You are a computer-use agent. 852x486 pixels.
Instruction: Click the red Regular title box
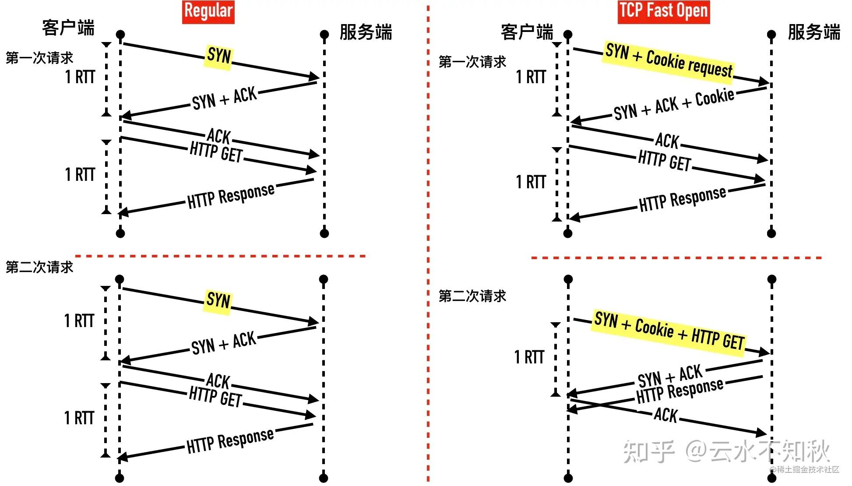pyautogui.click(x=208, y=11)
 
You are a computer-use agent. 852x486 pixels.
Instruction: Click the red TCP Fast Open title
pyautogui.click(x=663, y=11)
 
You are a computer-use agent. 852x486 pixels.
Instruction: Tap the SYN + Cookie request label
pyautogui.click(x=668, y=61)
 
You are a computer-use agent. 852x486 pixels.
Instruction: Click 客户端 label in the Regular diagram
pyautogui.click(x=68, y=28)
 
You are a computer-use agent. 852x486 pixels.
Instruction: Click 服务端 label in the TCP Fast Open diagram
pyautogui.click(x=813, y=32)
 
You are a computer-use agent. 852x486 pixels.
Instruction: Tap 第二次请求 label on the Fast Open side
pyautogui.click(x=472, y=296)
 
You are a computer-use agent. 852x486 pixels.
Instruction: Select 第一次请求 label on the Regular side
pyautogui.click(x=39, y=58)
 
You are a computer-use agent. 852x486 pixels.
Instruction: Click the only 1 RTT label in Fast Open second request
pyautogui.click(x=529, y=357)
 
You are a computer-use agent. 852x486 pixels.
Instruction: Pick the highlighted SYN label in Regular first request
pyautogui.click(x=218, y=56)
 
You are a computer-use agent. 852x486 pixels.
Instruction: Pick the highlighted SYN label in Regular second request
pyautogui.click(x=218, y=300)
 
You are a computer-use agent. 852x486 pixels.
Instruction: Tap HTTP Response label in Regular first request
pyautogui.click(x=231, y=195)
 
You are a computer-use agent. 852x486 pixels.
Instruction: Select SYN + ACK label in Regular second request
pyautogui.click(x=223, y=343)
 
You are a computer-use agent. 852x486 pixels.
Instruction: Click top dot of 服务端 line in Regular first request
pyautogui.click(x=324, y=34)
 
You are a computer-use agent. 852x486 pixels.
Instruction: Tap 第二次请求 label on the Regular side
pyautogui.click(x=39, y=267)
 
